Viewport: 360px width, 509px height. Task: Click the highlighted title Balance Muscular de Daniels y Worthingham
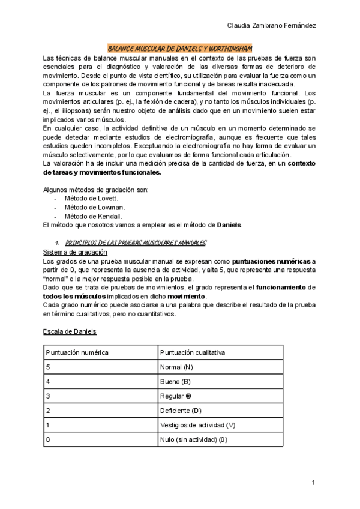(180, 47)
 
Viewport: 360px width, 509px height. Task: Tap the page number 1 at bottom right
(313, 483)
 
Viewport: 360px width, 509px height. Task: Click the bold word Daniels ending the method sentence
(229, 225)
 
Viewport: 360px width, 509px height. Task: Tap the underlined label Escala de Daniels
(70, 331)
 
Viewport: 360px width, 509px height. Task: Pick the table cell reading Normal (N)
(176, 366)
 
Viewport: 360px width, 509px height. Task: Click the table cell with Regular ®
(176, 396)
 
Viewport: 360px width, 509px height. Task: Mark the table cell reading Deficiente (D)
(181, 411)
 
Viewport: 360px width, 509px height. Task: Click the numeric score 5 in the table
(49, 366)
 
